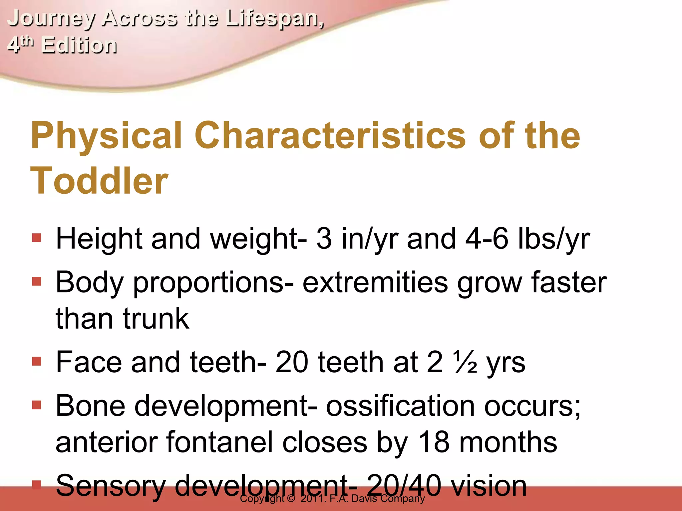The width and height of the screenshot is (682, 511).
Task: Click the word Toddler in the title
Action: tap(99, 181)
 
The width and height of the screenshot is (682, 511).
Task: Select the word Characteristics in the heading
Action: tap(330, 136)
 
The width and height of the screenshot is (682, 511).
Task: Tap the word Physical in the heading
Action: tap(107, 136)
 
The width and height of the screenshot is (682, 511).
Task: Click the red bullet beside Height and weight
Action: tap(37, 238)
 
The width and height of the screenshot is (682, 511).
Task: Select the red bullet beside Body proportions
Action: tap(37, 281)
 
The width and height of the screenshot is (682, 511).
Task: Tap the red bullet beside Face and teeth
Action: tap(37, 361)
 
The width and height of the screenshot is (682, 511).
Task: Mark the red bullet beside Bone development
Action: tap(37, 405)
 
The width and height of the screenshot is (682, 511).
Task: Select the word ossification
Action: tap(400, 406)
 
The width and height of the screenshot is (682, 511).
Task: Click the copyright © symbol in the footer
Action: tap(291, 499)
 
